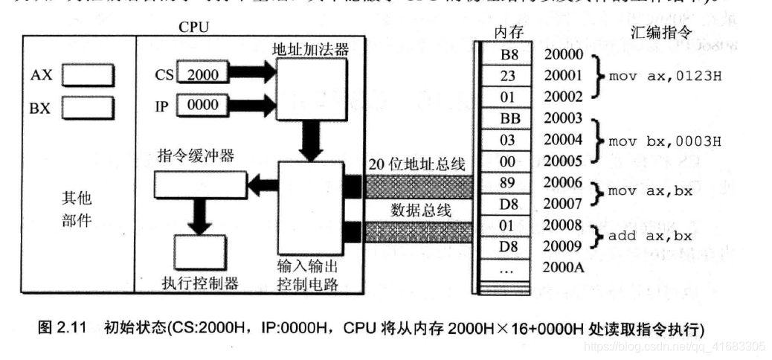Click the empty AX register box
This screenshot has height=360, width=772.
[x=87, y=76]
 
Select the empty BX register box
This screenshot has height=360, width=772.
[x=87, y=108]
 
